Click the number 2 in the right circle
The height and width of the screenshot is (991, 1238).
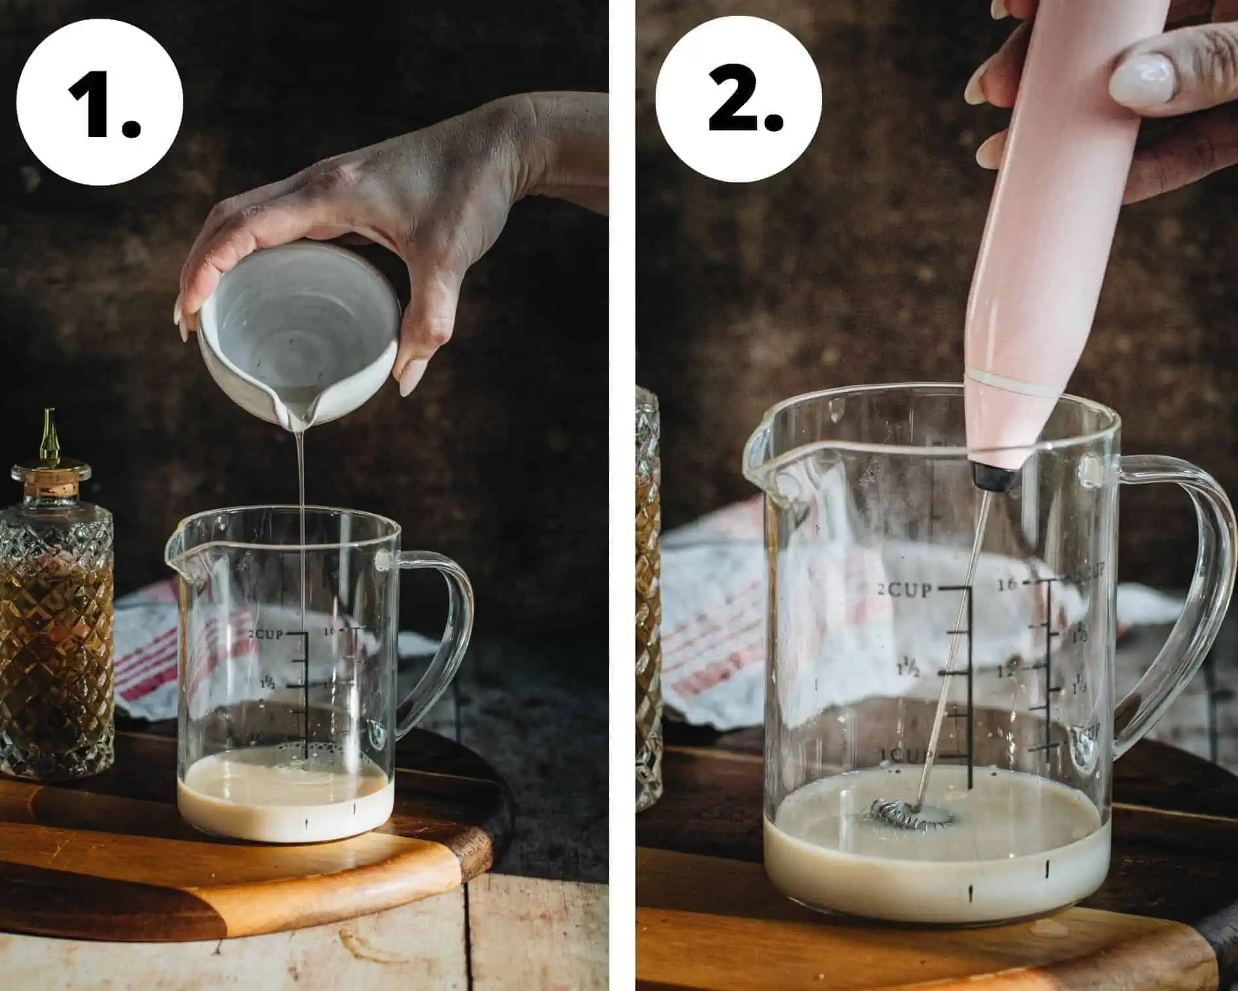743,100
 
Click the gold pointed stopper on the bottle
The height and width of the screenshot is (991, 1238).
49,436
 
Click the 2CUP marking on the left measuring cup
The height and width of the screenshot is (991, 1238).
265,634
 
